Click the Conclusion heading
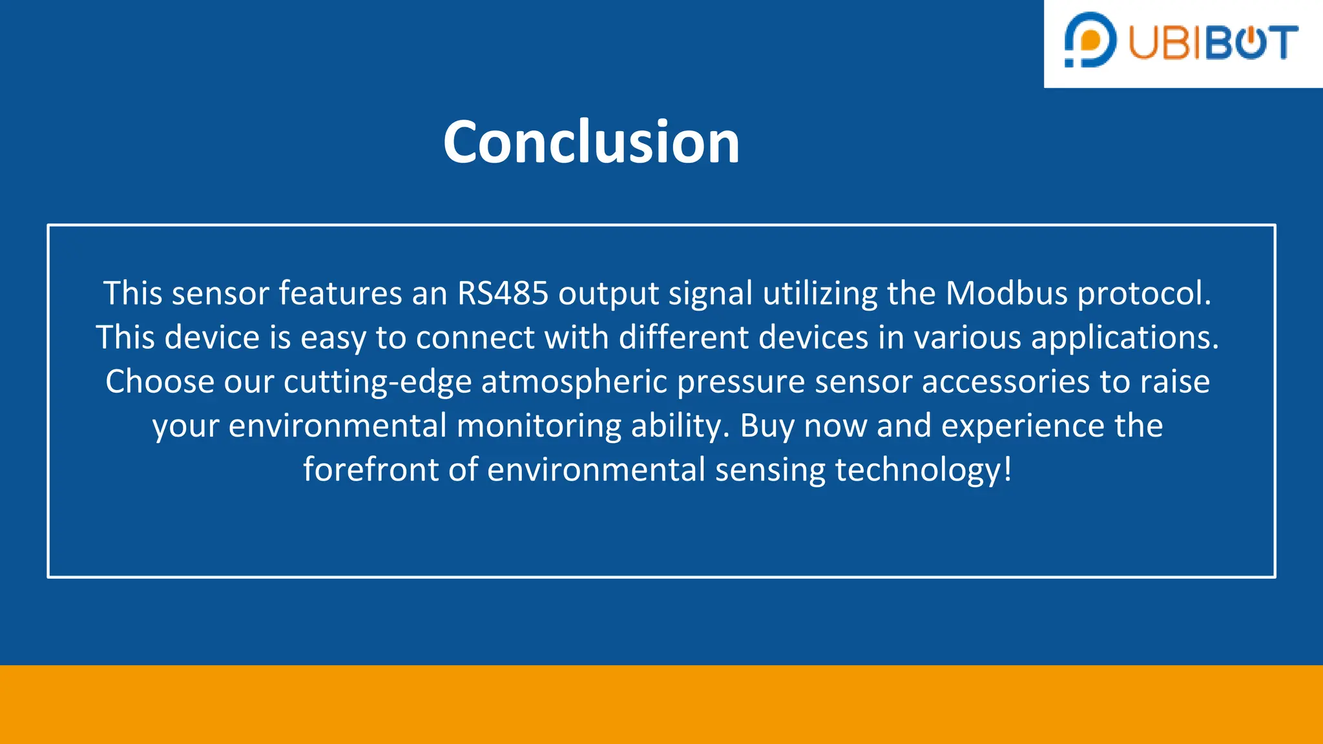pyautogui.click(x=591, y=142)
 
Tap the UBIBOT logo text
pyautogui.click(x=1213, y=43)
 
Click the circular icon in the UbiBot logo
pyautogui.click(x=1090, y=39)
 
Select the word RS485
pyautogui.click(x=503, y=294)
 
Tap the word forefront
pyautogui.click(x=371, y=470)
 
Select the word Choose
pyautogui.click(x=160, y=382)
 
